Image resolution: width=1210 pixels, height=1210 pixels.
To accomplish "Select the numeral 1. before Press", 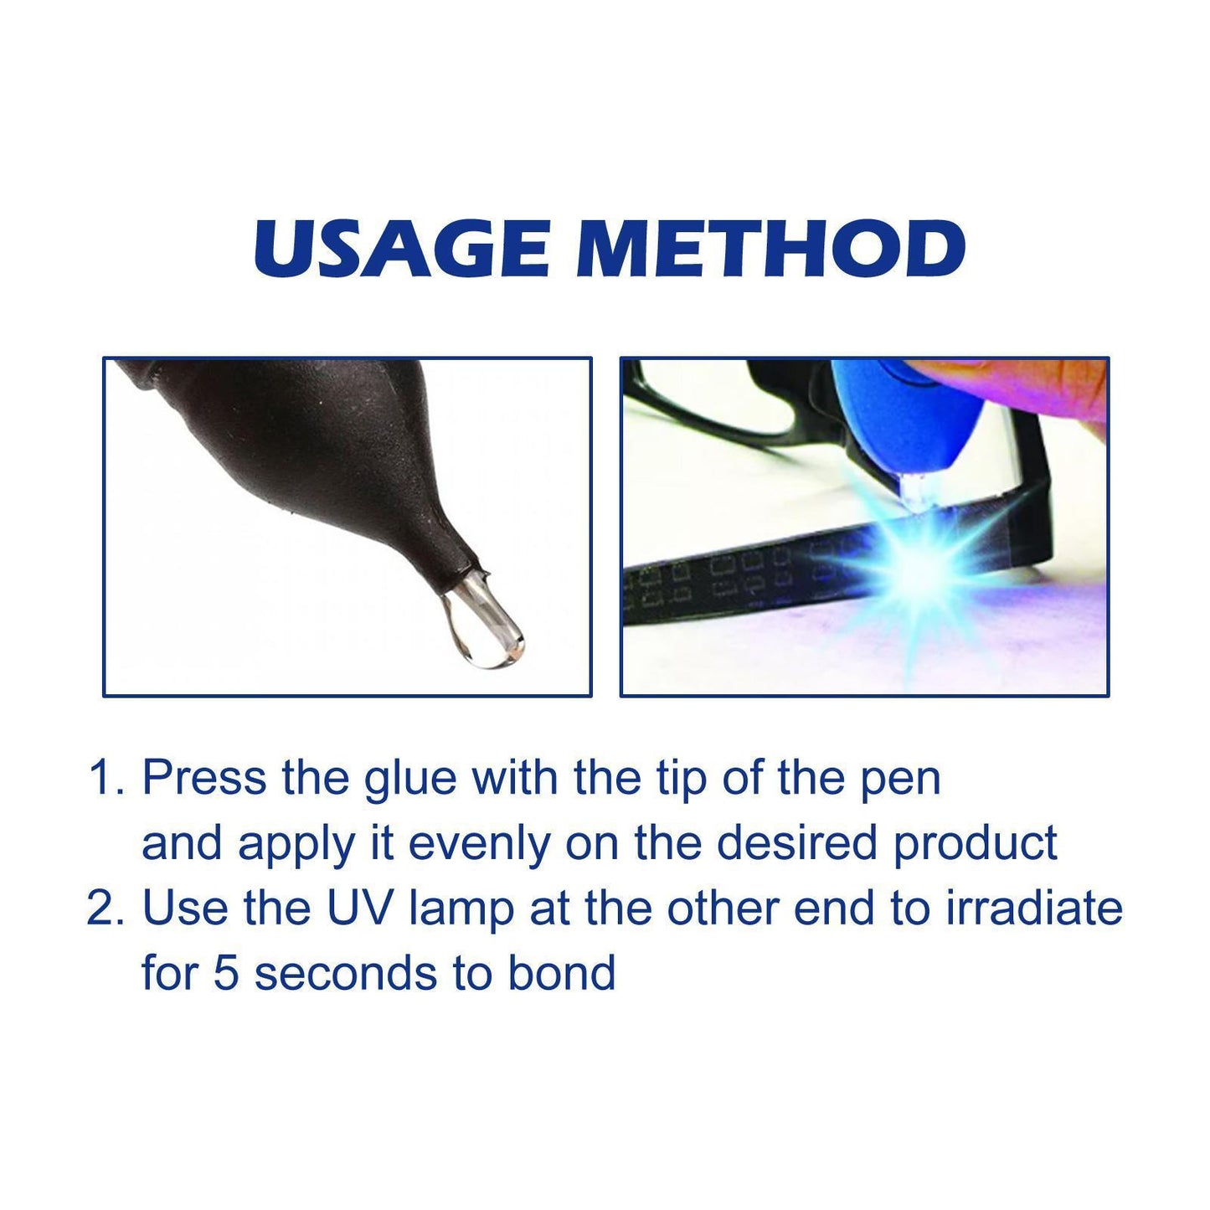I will (x=106, y=779).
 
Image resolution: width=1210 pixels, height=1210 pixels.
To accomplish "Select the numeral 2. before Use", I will (x=106, y=909).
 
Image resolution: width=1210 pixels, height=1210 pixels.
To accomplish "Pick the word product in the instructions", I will (x=975, y=844).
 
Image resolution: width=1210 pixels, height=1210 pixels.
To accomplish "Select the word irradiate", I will (x=1034, y=909).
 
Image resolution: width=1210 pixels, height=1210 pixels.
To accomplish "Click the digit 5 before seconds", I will (x=226, y=974).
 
